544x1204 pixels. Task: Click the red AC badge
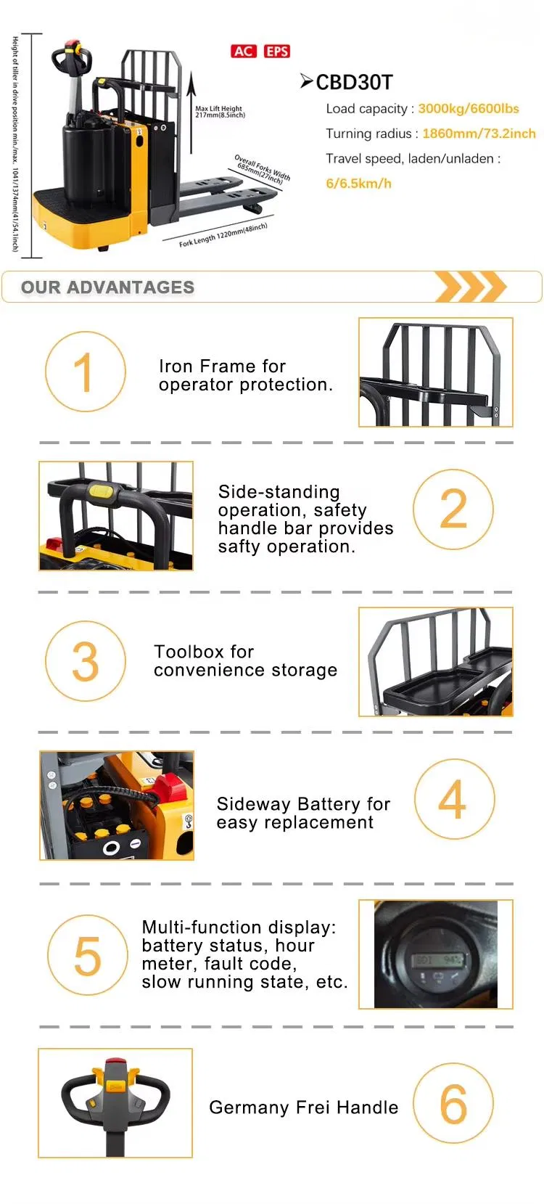(x=243, y=51)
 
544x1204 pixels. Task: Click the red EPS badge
(x=276, y=51)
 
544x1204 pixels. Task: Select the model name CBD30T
(x=354, y=82)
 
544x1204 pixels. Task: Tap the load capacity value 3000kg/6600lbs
(x=469, y=109)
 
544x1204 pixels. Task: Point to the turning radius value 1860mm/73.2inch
(x=479, y=134)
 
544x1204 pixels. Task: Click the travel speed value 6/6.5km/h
(x=358, y=184)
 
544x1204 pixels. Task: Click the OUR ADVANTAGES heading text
(x=107, y=287)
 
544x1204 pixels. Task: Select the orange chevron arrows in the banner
(x=470, y=287)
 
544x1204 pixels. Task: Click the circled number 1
(x=85, y=372)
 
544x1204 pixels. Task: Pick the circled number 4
(x=454, y=800)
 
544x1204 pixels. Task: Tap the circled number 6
(x=453, y=1104)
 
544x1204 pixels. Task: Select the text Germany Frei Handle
(x=303, y=1107)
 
